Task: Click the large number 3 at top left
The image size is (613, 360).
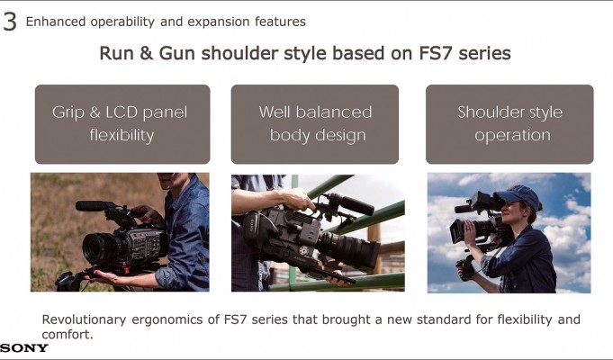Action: pyautogui.click(x=10, y=22)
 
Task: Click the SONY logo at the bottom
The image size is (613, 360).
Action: pyautogui.click(x=24, y=348)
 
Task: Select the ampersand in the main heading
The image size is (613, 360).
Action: pyautogui.click(x=146, y=53)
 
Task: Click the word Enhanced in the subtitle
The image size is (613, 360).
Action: pyautogui.click(x=56, y=22)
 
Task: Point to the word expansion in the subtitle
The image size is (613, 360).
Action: pyautogui.click(x=218, y=22)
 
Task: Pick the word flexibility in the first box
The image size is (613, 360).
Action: pyautogui.click(x=122, y=135)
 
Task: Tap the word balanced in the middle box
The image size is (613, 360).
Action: pyautogui.click(x=333, y=112)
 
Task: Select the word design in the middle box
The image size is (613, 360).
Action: pyautogui.click(x=340, y=136)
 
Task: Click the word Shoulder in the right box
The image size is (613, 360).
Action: pyautogui.click(x=485, y=112)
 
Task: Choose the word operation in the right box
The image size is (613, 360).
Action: pyautogui.click(x=512, y=136)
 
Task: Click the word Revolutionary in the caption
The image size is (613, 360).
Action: pyautogui.click(x=84, y=319)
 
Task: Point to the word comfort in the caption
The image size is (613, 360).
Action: pyautogui.click(x=66, y=335)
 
